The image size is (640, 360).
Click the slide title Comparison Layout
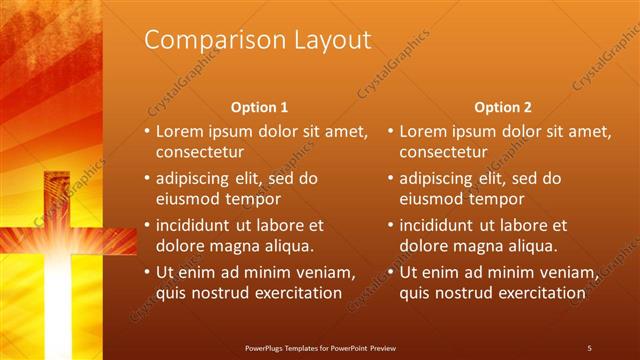[258, 40]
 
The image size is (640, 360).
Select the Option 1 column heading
[259, 107]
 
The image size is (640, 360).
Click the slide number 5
[590, 347]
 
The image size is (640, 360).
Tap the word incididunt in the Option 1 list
[198, 225]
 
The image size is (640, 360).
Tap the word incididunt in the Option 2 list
[442, 225]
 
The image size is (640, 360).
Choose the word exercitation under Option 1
[296, 293]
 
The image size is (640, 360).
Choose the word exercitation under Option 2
[540, 293]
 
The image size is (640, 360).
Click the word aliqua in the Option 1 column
[290, 245]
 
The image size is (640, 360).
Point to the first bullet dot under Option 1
[147, 131]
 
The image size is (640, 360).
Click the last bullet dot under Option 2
[391, 271]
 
